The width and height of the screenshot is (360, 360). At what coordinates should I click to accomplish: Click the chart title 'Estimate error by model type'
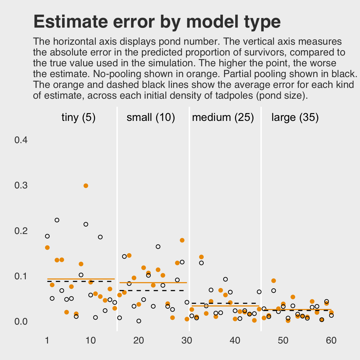coord(157,22)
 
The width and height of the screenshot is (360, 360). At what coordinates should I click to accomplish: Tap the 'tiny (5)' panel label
coord(78,117)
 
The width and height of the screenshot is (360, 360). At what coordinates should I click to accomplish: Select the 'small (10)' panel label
coord(151,117)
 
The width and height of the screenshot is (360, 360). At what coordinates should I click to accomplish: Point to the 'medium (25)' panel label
coord(223,117)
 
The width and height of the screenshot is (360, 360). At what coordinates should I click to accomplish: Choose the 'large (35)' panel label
coord(295,117)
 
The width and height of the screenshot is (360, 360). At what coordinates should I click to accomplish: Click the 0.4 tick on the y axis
coord(21,140)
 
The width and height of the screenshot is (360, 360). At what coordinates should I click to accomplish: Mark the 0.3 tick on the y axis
coord(21,185)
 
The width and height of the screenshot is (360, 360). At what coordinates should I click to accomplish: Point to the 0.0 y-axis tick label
coord(21,322)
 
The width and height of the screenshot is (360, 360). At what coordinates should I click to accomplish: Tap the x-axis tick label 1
coord(47,341)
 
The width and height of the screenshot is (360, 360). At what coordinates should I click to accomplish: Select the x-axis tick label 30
coord(187,341)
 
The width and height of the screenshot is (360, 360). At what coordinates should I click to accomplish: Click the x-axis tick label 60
coord(331,341)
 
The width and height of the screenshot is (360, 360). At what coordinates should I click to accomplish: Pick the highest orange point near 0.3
coord(86,186)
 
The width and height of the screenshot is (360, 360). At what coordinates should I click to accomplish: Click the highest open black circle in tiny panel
coord(57,220)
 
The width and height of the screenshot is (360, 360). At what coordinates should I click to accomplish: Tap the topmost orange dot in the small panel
coord(182,240)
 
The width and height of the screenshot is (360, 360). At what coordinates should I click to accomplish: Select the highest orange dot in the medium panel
coord(201,257)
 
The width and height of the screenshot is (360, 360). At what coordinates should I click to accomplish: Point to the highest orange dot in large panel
coord(274,281)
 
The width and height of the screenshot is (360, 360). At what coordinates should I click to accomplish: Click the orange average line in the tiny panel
coord(81,279)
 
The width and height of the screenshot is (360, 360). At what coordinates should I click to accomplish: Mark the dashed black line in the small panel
coord(153,290)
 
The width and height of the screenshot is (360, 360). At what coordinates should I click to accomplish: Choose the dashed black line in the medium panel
coord(225,303)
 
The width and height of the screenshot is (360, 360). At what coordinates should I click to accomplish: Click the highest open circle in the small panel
coord(158,247)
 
